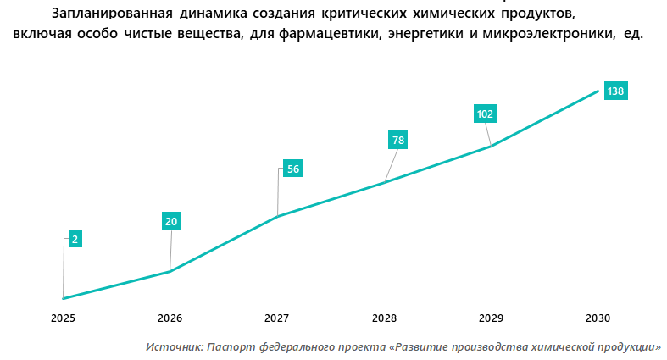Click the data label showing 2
[75, 240]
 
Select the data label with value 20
[170, 222]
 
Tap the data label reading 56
[292, 169]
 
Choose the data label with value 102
[486, 114]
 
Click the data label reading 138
[615, 91]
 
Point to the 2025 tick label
[64, 318]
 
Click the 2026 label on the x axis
[170, 318]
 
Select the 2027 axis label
[277, 318]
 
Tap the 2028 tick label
[384, 318]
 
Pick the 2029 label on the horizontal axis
[491, 318]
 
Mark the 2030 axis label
[598, 318]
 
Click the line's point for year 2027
[277, 217]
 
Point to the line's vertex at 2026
[170, 271]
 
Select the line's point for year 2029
[491, 147]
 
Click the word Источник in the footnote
[174, 346]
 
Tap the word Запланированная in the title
[113, 14]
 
